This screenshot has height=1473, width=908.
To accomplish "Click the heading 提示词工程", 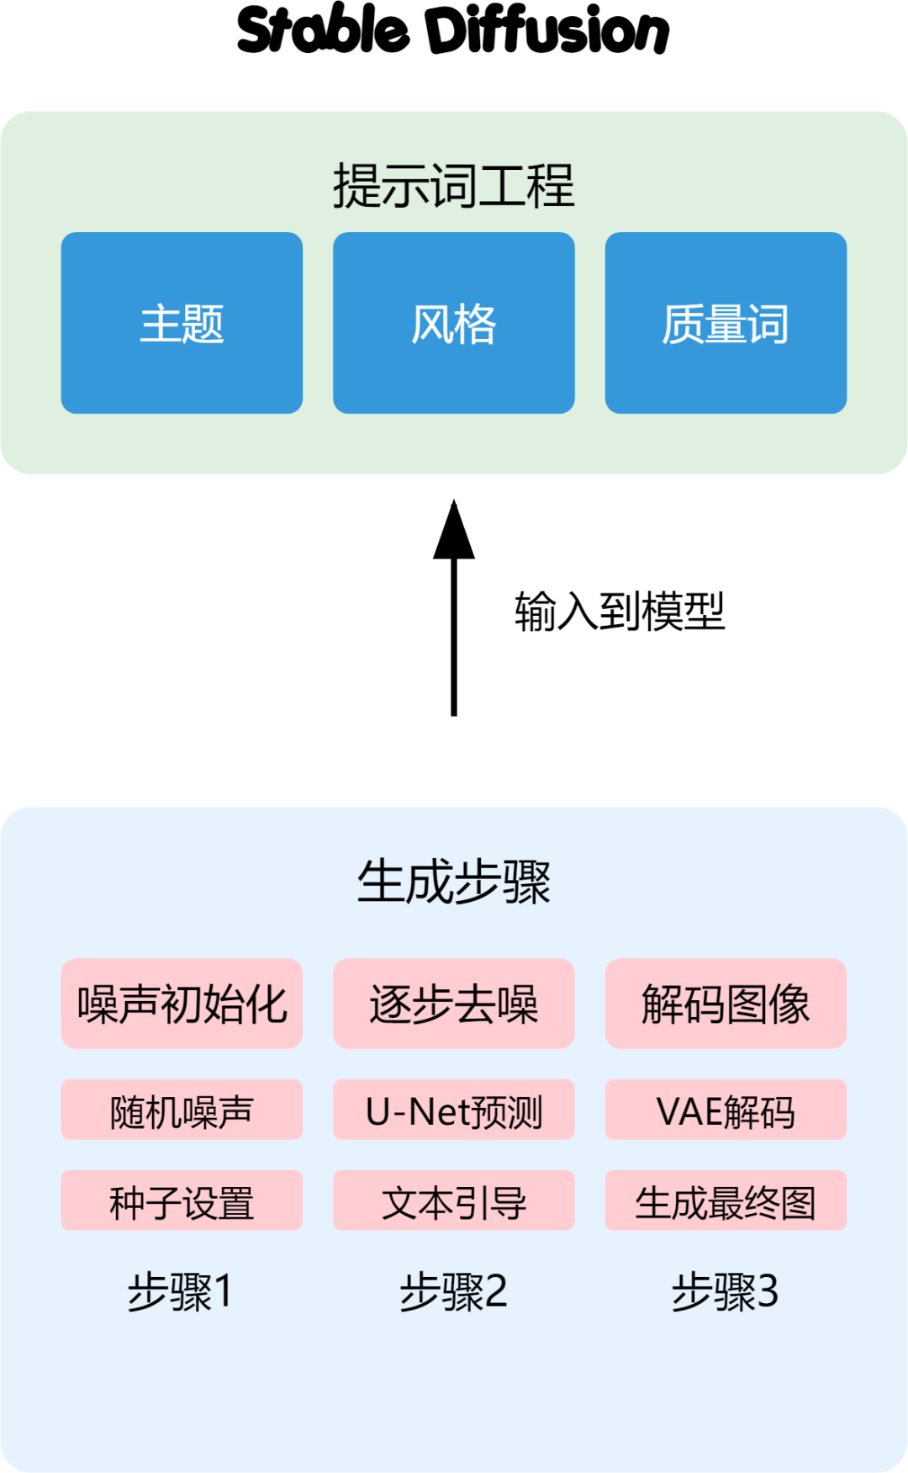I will pyautogui.click(x=453, y=185).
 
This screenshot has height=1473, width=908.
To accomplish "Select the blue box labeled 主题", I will pyautogui.click(x=182, y=323).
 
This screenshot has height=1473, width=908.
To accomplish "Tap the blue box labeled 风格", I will pyautogui.click(x=454, y=323).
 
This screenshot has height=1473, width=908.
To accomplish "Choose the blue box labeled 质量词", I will pyautogui.click(x=726, y=323).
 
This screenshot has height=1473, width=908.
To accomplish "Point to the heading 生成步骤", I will pyautogui.click(x=453, y=882).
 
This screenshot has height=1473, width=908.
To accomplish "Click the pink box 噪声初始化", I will pyautogui.click(x=182, y=1004).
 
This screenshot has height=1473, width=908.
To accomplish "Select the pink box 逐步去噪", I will pyautogui.click(x=454, y=1004).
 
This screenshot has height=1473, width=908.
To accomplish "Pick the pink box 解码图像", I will pyautogui.click(x=726, y=1004).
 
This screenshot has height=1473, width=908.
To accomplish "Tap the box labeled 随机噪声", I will pyautogui.click(x=182, y=1110).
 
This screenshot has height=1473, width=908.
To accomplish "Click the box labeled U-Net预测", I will pyautogui.click(x=454, y=1110).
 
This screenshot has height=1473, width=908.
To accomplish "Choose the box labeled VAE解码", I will pyautogui.click(x=726, y=1110).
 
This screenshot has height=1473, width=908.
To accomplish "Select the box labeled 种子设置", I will pyautogui.click(x=182, y=1201).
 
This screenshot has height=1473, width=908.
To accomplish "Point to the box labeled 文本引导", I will pyautogui.click(x=454, y=1201).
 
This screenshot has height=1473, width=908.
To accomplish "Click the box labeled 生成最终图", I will pyautogui.click(x=726, y=1201).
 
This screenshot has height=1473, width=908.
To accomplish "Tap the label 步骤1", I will pyautogui.click(x=180, y=1291).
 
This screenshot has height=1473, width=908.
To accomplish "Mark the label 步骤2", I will pyautogui.click(x=454, y=1291).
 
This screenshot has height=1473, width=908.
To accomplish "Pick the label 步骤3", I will pyautogui.click(x=725, y=1291).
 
